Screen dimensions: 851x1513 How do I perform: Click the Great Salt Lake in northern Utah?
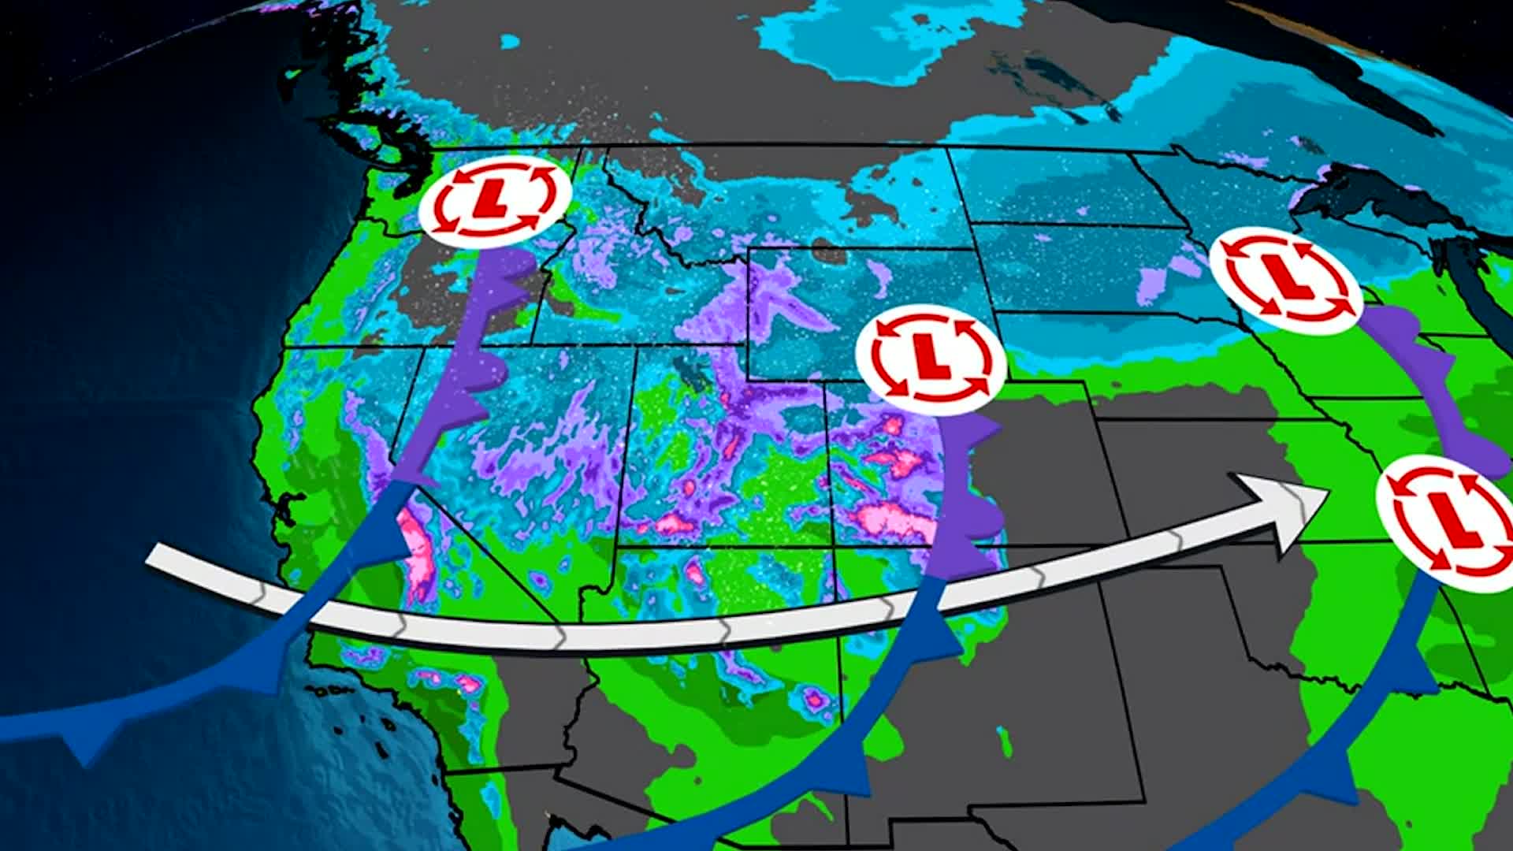coord(693,370)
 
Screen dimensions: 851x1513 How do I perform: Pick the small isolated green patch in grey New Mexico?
coord(1005,741)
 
